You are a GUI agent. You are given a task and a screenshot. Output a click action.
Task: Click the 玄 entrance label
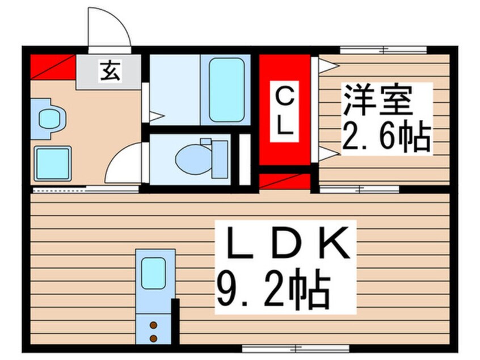click(x=111, y=72)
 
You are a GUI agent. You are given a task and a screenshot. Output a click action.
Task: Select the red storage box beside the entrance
click(x=52, y=66)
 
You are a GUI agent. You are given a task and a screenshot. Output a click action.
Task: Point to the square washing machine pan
click(x=53, y=163)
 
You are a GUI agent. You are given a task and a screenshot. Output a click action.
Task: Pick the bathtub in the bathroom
click(x=227, y=90)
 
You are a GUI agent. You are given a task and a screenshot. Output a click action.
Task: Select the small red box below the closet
click(x=285, y=181)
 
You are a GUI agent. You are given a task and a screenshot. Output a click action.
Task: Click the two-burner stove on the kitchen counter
click(x=153, y=332)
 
